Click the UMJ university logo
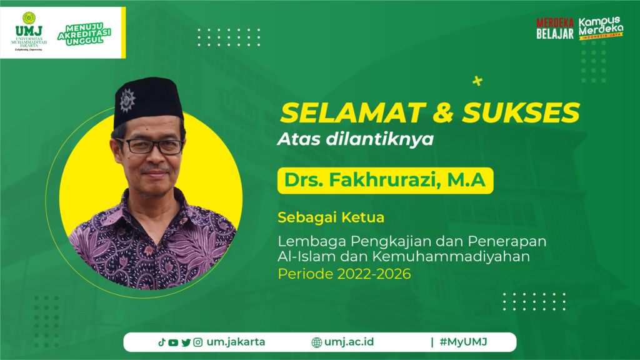(29, 31)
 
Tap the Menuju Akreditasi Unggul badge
(84, 34)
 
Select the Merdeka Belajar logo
(555, 29)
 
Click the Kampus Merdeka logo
(601, 28)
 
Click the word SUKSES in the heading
(521, 112)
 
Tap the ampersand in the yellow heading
(444, 112)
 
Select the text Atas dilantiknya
(356, 139)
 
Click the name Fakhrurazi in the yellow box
(385, 180)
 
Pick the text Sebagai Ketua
(331, 217)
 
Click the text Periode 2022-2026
(344, 274)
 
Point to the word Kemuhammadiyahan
(451, 257)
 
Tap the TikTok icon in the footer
(162, 342)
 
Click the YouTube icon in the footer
(173, 342)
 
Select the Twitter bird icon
(186, 342)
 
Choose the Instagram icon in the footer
(198, 342)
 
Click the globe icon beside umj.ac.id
(317, 342)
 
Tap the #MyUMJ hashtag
(463, 342)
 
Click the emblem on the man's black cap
(127, 100)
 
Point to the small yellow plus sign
(477, 81)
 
